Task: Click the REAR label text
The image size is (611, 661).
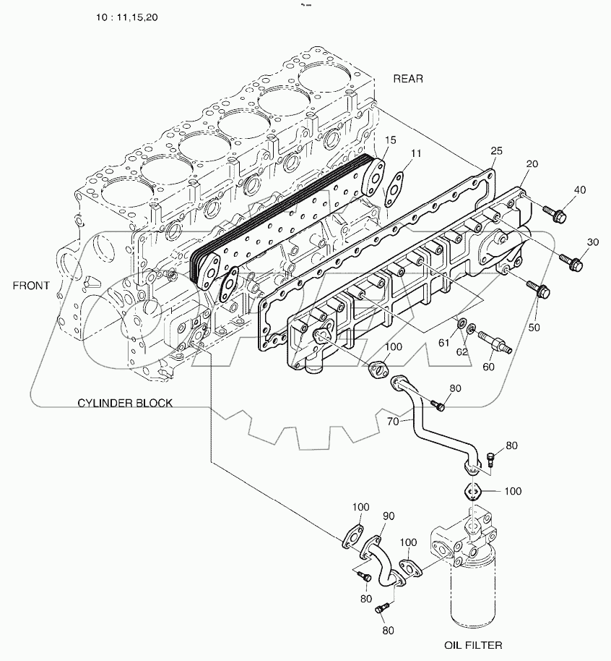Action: (x=408, y=79)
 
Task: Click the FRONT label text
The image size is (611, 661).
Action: (x=31, y=285)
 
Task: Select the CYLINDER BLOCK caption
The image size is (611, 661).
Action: (x=125, y=403)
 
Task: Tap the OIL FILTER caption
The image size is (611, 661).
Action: (x=474, y=644)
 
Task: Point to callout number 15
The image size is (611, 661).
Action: (x=389, y=139)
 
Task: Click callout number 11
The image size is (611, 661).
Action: (x=416, y=153)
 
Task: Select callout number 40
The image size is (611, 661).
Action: (x=580, y=191)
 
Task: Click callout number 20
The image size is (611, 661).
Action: (x=532, y=165)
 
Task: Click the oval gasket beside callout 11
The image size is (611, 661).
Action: (x=394, y=186)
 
